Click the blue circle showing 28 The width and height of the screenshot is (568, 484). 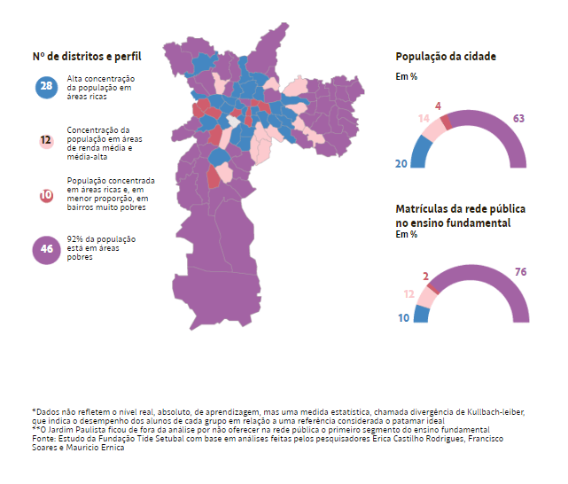pyautogui.click(x=46, y=88)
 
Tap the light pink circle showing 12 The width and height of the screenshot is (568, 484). pyautogui.click(x=46, y=140)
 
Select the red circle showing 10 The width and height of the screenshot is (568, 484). pyautogui.click(x=46, y=196)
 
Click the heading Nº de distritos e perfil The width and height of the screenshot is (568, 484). pyautogui.click(x=87, y=56)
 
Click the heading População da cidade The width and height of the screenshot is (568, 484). pyautogui.click(x=446, y=56)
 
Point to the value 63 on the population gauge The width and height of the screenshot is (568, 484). pyautogui.click(x=519, y=118)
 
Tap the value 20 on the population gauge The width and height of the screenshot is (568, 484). pyautogui.click(x=401, y=163)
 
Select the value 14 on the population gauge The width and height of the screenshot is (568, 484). pyautogui.click(x=424, y=119)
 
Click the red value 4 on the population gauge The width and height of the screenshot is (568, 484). pyautogui.click(x=439, y=105)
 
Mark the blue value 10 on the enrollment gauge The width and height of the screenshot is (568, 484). pyautogui.click(x=402, y=316)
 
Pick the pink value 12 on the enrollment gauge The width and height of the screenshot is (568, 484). pyautogui.click(x=408, y=293)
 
